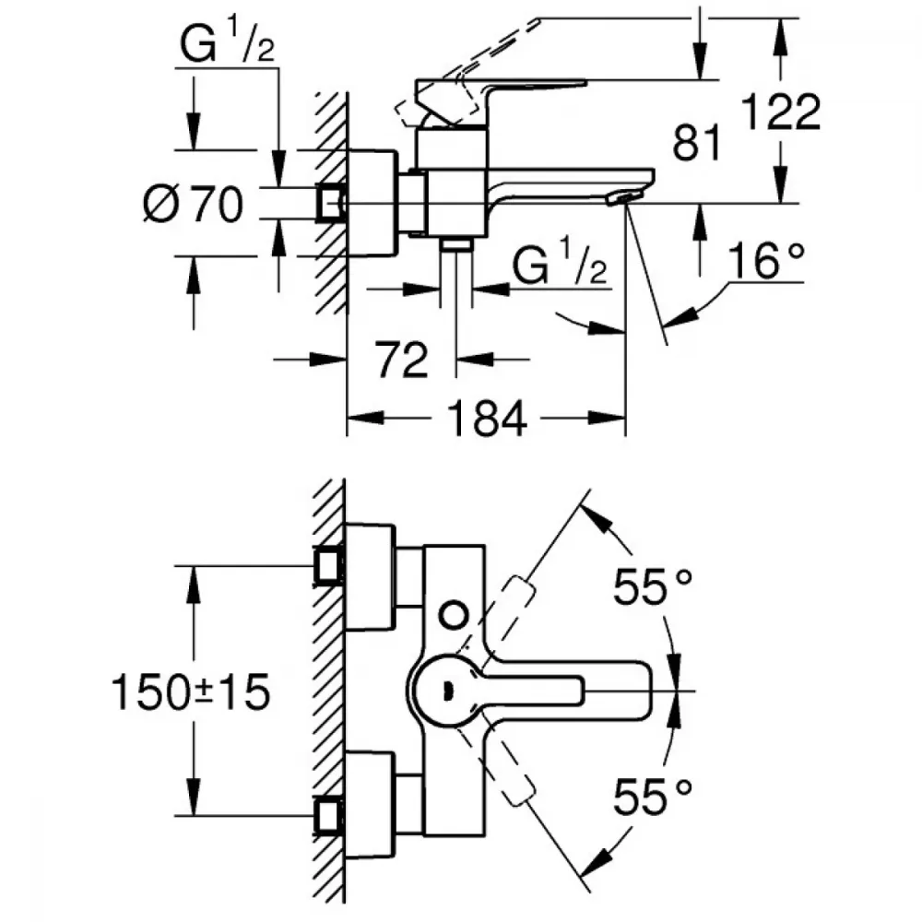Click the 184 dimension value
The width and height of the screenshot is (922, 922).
tap(487, 420)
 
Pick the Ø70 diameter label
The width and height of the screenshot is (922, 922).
tap(193, 202)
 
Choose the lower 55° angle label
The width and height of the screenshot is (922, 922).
tap(653, 795)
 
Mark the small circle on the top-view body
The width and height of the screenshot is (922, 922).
tap(453, 612)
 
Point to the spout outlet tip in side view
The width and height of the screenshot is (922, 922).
tap(627, 197)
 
